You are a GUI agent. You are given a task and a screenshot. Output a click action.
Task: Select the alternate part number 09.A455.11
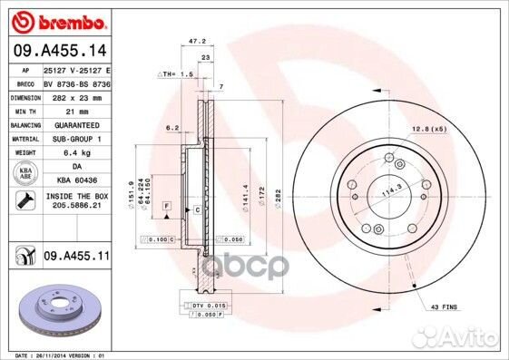(75, 258)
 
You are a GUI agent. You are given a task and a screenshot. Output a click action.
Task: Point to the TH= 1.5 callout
(178, 73)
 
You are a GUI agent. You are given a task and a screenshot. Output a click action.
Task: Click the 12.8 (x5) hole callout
(427, 130)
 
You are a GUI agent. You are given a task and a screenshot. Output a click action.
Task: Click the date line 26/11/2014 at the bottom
(54, 355)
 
